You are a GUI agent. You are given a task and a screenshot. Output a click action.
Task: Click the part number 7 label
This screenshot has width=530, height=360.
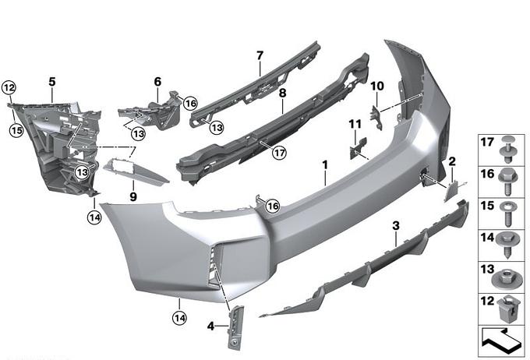(x=260, y=56)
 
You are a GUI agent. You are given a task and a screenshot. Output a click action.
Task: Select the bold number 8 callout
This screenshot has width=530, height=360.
(x=282, y=93)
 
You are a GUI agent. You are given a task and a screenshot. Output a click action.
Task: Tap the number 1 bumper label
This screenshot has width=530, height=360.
(x=325, y=165)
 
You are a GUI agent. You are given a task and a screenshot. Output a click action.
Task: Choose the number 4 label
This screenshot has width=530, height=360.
(x=210, y=326)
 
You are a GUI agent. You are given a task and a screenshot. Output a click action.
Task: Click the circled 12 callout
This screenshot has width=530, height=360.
(x=9, y=88)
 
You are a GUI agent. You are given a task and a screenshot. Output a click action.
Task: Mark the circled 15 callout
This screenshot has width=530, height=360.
(x=16, y=130)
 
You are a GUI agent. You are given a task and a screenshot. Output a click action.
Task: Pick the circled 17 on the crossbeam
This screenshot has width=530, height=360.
(x=280, y=153)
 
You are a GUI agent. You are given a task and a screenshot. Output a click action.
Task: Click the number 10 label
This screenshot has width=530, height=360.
(x=377, y=86)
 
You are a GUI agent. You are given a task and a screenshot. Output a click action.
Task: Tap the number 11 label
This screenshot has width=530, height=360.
(x=355, y=125)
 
